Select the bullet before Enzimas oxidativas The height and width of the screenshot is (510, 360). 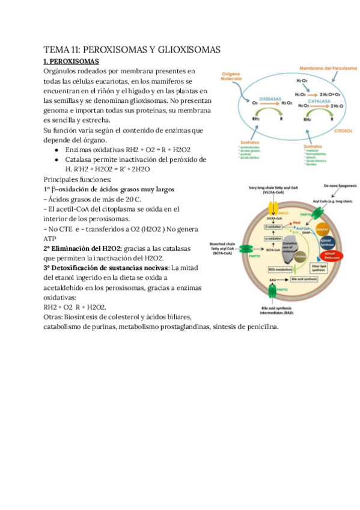pos(56,149)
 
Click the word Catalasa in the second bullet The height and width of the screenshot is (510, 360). pos(80,159)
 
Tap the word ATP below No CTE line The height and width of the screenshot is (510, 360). pos(50,239)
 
